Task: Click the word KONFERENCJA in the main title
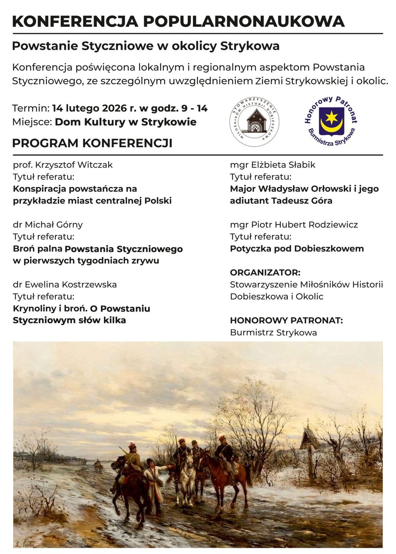(75, 21)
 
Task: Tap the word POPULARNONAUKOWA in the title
(244, 21)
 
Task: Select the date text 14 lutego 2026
(89, 108)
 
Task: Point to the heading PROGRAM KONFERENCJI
(92, 143)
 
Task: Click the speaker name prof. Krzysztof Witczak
(63, 165)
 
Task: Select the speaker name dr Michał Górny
(48, 225)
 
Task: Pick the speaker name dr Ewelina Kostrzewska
(65, 285)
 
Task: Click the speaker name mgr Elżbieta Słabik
(272, 165)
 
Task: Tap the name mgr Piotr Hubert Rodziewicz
(294, 225)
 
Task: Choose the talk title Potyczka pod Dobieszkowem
(297, 249)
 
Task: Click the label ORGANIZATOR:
(265, 272)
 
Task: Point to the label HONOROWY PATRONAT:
(286, 320)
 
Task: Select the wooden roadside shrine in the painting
(310, 446)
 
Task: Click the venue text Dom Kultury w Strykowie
(125, 122)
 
